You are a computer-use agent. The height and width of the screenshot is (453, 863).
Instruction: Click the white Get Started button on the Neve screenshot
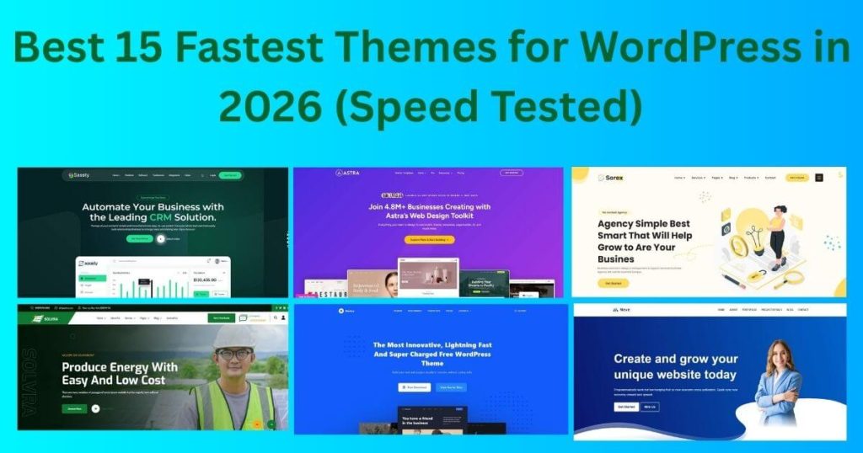coord(625,407)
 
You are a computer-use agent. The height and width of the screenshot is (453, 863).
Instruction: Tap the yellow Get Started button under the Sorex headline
coord(613,283)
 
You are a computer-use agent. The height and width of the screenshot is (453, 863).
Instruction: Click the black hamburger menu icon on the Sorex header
coord(819,178)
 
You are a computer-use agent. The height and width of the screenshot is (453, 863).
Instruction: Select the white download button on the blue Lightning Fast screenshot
coord(414,387)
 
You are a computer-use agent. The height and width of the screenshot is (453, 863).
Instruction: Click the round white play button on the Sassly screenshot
coord(162,239)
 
